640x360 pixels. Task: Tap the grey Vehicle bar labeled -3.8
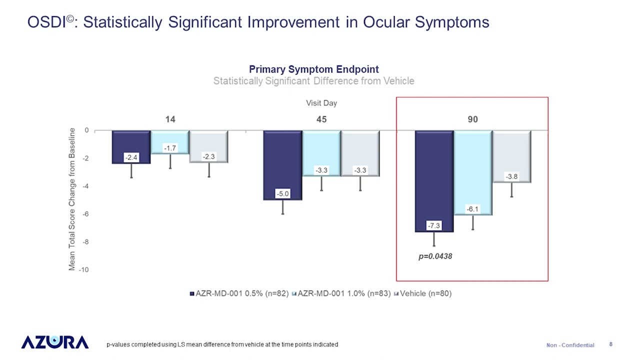click(511, 155)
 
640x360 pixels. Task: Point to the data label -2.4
click(131, 158)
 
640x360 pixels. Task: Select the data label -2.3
click(209, 157)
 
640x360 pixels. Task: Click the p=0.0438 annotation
click(435, 256)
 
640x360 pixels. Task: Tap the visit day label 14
click(170, 119)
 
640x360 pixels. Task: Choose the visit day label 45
click(321, 119)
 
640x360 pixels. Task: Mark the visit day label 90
click(472, 119)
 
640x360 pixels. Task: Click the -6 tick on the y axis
click(86, 214)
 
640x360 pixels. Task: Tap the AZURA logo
click(55, 342)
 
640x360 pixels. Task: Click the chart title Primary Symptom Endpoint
click(313, 69)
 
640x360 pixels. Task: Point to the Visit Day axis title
click(321, 103)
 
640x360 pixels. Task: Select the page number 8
click(611, 344)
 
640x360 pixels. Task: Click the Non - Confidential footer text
click(570, 345)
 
